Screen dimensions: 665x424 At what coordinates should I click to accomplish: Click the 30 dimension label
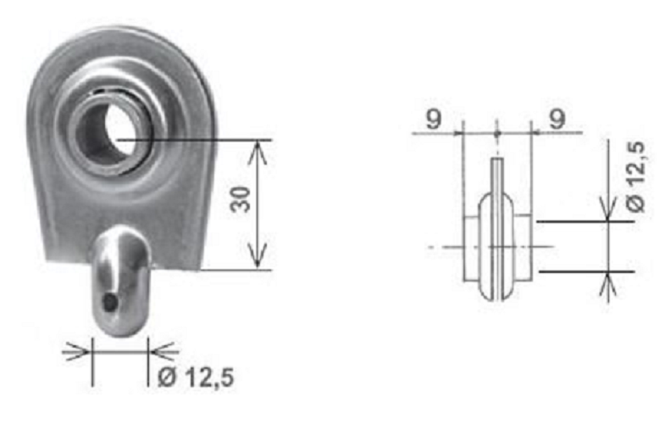tap(240, 198)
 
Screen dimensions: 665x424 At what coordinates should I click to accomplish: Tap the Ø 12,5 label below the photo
tap(196, 377)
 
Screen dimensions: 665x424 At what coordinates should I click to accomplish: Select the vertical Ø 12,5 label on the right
tap(635, 176)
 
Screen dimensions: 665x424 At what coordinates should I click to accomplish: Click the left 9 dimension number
tap(433, 119)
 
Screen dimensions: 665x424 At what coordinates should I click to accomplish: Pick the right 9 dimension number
tap(557, 119)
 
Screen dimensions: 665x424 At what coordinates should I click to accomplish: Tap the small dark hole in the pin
tap(110, 302)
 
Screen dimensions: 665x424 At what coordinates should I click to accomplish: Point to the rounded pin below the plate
tap(121, 281)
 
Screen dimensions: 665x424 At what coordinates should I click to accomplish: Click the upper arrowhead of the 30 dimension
tap(258, 152)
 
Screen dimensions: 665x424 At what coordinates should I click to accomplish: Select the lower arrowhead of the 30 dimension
tap(258, 256)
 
